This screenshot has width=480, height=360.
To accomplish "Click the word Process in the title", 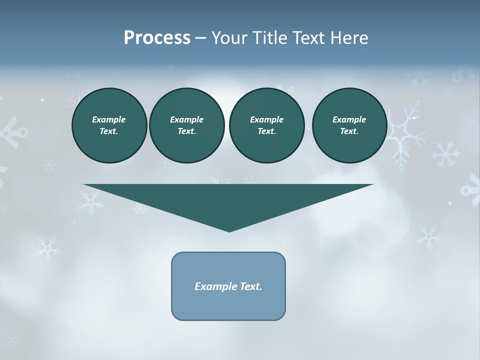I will click(157, 38).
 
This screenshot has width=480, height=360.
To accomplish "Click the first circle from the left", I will click(109, 125).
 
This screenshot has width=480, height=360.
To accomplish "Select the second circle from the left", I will click(186, 125).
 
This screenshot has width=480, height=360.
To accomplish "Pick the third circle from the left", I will click(266, 125).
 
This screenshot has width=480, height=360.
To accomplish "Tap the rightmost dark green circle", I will click(349, 125).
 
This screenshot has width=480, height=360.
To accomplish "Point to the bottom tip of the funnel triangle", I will click(229, 230).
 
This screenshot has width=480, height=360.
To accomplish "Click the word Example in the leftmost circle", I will click(109, 119).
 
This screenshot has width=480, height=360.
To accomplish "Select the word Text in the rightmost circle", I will click(349, 131).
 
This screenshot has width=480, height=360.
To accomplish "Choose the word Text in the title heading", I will click(305, 38).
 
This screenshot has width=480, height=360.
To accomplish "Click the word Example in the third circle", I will click(266, 119).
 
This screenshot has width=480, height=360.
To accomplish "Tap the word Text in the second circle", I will click(186, 131).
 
